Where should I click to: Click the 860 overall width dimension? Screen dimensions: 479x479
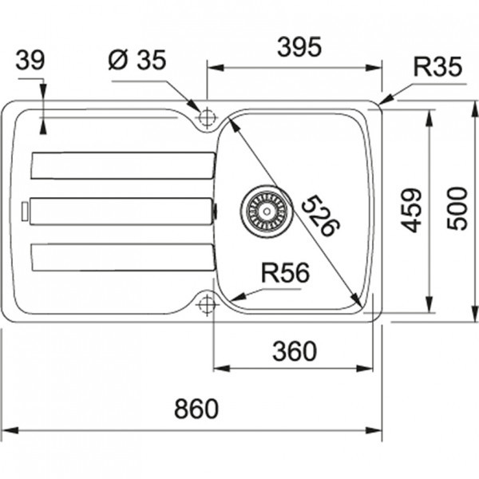coord(195,409)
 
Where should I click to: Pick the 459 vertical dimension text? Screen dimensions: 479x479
coord(410,210)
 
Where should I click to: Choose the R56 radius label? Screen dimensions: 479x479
coord(284,273)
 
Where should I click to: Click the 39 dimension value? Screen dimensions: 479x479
coord(31,60)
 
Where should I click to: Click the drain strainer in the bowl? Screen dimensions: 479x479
coord(263,209)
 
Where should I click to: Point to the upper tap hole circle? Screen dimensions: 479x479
coord(207,117)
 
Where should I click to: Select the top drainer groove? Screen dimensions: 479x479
coord(122,165)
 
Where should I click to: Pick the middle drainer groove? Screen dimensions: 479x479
coord(121,210)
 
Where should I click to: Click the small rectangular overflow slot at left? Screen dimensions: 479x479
coord(26,210)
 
